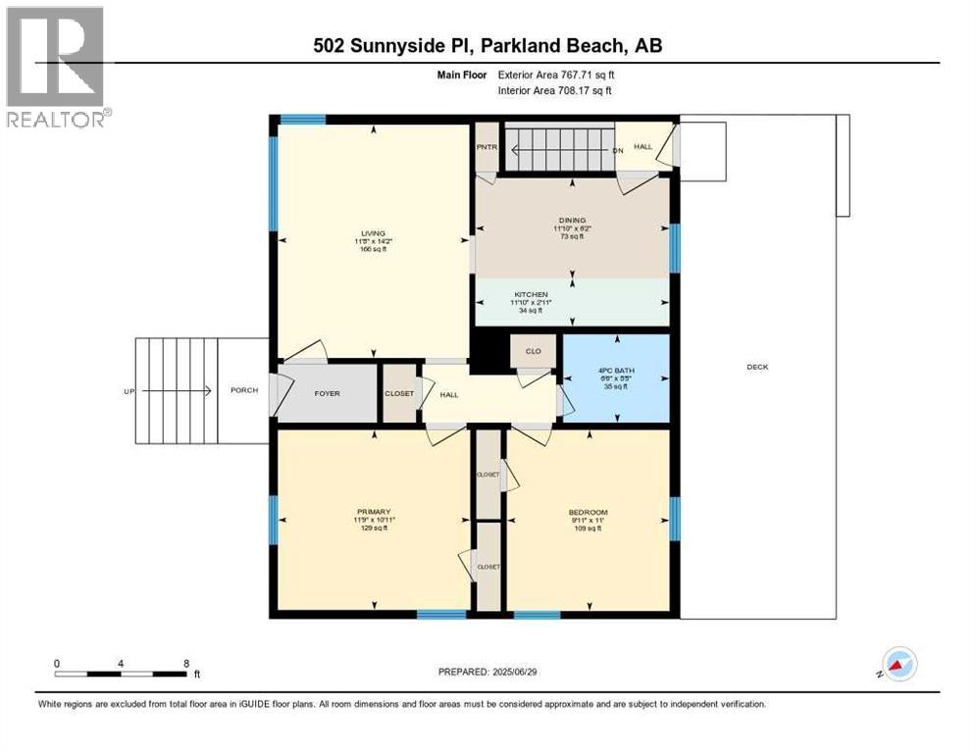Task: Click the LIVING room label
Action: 372,233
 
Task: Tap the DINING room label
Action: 572,220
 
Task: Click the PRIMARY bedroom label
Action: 374,512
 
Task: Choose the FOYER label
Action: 327,393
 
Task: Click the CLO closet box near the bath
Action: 534,351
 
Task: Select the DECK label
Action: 757,367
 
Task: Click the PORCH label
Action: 244,390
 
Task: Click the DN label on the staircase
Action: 618,150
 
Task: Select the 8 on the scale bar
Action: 186,663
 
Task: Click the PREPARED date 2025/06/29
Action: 489,672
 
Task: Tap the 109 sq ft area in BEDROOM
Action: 589,527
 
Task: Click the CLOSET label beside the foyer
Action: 399,393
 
